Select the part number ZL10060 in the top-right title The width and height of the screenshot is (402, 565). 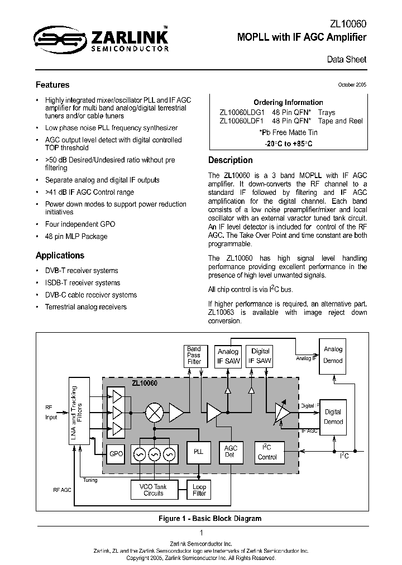pos(348,25)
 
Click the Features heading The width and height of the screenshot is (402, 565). pos(52,85)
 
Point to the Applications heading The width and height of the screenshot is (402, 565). pos(60,255)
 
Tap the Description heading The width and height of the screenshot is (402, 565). pos(231,160)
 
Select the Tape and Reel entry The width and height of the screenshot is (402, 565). pos(340,121)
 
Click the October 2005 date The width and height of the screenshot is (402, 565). pos(352,85)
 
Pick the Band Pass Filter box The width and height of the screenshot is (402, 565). pos(194,355)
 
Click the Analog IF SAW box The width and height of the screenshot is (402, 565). pos(228,356)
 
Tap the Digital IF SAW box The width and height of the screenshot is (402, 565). pos(260,356)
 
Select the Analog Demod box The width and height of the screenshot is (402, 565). pos(333,355)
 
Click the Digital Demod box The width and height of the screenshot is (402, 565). pos(333,416)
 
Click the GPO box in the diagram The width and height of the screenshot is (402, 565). pos(116,453)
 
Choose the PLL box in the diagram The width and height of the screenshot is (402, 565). pos(198,452)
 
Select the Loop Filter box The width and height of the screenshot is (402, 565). pos(199,490)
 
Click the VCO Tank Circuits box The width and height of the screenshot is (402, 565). pos(154,490)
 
